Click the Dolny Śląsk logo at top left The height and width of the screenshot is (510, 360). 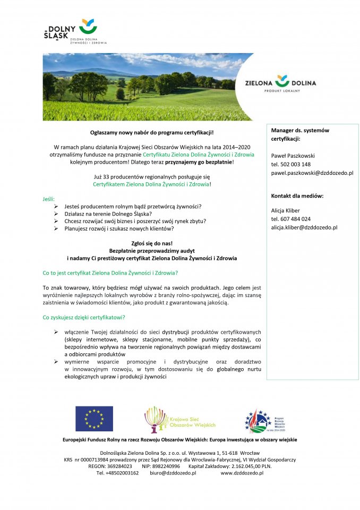click(74, 32)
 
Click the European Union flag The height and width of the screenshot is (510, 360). click(94, 419)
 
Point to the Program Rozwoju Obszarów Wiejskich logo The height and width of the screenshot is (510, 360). click(265, 420)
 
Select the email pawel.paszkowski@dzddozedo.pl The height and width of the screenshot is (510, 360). click(312, 173)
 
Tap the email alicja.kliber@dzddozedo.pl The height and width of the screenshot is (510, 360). click(304, 227)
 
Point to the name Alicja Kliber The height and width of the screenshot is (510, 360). click(285, 210)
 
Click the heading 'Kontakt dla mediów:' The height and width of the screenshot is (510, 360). click(297, 196)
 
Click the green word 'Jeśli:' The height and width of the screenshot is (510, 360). click(49, 198)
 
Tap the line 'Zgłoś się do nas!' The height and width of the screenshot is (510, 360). click(152, 243)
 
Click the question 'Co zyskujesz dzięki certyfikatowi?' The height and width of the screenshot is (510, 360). click(84, 317)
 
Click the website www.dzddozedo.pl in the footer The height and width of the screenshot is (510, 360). click(242, 473)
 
